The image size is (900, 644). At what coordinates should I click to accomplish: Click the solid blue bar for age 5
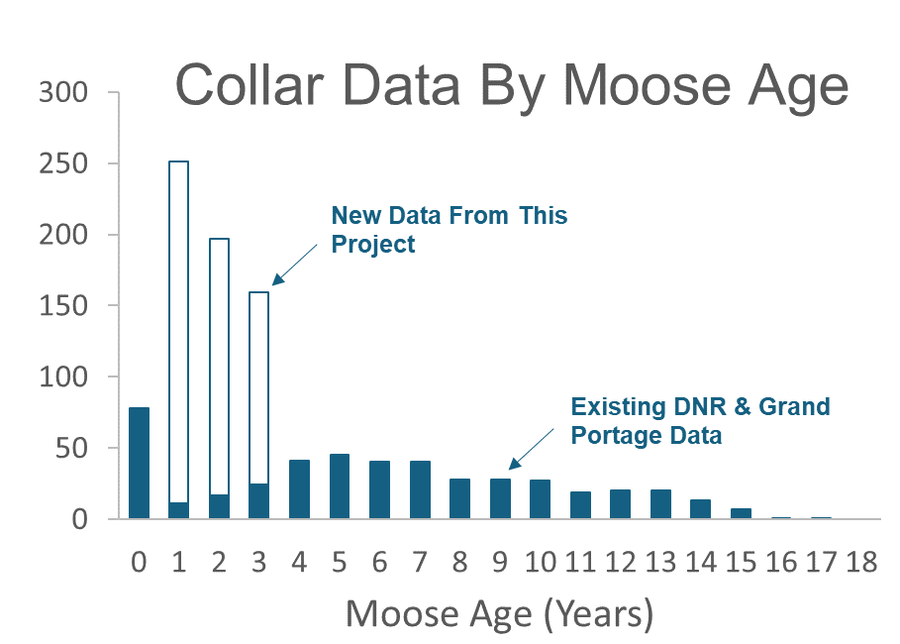tap(339, 486)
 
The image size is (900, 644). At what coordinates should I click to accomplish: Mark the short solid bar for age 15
tap(740, 513)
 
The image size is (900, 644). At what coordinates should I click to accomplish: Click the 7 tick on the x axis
tap(420, 562)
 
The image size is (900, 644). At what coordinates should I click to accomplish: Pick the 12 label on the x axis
tap(620, 562)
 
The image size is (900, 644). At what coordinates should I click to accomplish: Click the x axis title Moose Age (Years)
tap(499, 614)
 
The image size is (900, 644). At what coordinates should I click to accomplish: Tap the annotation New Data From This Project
tap(449, 229)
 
